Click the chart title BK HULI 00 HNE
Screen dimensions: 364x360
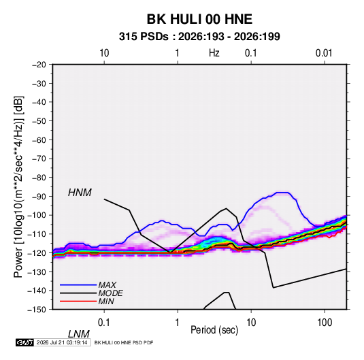199,19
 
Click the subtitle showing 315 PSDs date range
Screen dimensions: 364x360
199,37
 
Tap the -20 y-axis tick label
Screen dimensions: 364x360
39,65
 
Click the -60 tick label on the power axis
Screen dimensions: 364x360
39,140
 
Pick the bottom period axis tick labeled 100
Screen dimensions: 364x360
325,323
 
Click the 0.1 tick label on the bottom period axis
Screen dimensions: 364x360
104,323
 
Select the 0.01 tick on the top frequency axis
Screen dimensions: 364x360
324,53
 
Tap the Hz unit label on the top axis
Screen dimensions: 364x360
214,53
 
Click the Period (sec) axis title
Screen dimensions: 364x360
214,330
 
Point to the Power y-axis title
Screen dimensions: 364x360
18,186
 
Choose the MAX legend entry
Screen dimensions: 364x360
107,285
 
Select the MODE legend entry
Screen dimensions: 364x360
110,293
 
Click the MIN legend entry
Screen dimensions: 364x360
106,301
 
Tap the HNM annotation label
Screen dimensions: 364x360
80,193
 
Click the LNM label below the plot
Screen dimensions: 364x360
78,334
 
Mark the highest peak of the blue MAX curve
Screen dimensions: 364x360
282,193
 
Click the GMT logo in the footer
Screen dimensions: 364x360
24,342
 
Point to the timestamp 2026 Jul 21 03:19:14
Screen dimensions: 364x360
62,342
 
